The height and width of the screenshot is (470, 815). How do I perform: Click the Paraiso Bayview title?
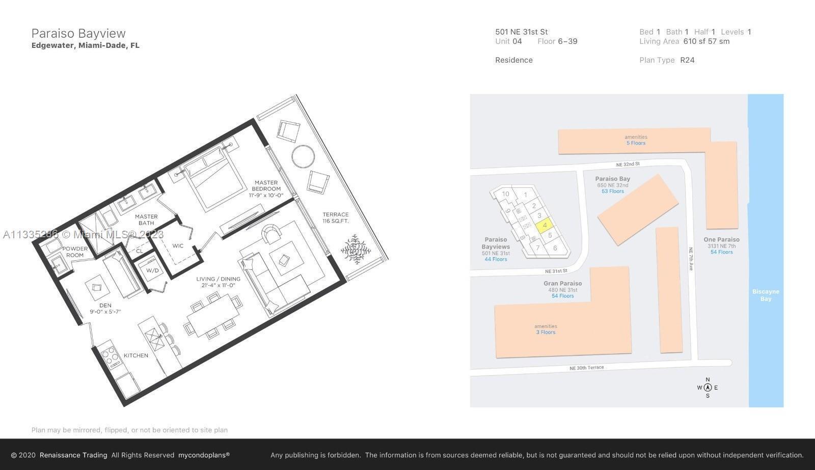(78, 34)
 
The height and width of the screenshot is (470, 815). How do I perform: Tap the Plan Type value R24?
(687, 60)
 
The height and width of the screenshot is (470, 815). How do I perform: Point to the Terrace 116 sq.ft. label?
(336, 217)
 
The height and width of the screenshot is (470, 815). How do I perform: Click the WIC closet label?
(178, 246)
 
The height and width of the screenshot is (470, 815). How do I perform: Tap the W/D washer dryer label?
(152, 270)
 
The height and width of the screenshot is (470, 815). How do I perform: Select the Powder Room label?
(75, 252)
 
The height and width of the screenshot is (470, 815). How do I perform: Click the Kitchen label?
(135, 355)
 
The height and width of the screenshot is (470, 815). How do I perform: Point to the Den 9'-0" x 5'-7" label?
(105, 309)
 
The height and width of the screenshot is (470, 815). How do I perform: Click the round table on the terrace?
(303, 156)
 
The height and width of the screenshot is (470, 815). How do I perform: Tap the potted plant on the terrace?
(356, 249)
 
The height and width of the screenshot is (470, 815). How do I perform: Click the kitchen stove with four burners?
(110, 356)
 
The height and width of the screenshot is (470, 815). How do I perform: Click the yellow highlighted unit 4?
(545, 225)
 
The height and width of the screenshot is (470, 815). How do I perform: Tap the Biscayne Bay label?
(766, 295)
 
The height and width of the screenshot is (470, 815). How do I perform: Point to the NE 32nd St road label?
(628, 164)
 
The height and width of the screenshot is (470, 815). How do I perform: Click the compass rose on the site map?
(708, 388)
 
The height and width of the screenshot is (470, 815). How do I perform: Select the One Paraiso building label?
(721, 239)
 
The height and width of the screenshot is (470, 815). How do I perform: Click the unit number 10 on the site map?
(505, 194)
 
